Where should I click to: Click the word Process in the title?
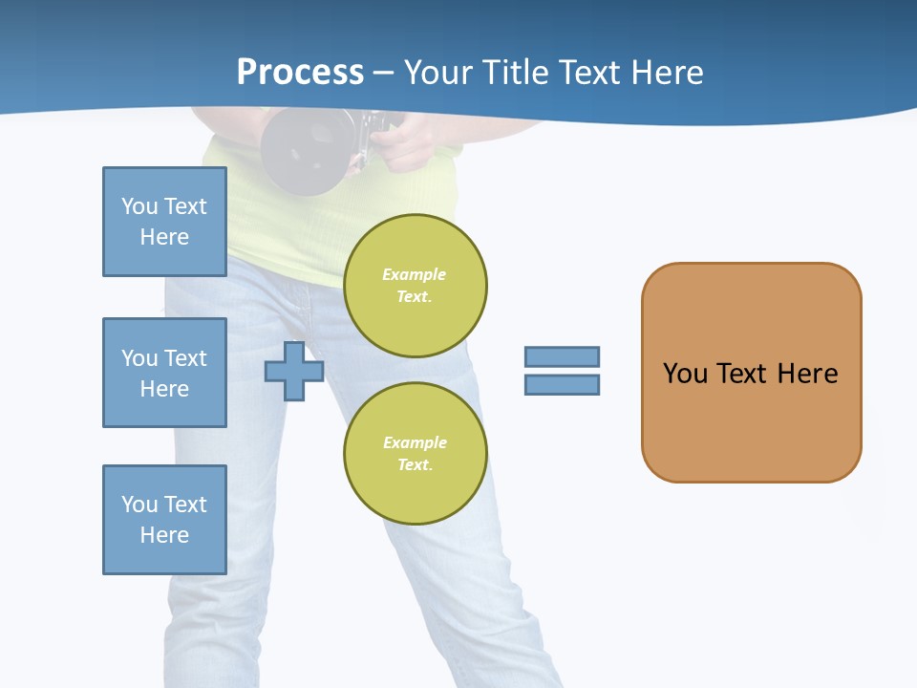point(300,73)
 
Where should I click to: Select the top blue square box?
point(164,222)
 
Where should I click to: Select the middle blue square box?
point(164,373)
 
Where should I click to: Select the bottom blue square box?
point(164,520)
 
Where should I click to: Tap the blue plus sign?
point(294,371)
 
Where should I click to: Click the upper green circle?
point(415,285)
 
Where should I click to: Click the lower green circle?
point(415,453)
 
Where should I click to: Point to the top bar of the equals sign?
point(562,356)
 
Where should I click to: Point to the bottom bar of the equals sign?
point(562,384)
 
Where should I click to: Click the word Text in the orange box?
point(744,373)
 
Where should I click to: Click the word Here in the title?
point(667,73)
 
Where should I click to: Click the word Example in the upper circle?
point(414,274)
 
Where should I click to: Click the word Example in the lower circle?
point(415,442)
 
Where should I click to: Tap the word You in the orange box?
point(684,373)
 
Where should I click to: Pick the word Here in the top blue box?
point(164,237)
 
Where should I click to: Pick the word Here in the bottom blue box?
point(164,535)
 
